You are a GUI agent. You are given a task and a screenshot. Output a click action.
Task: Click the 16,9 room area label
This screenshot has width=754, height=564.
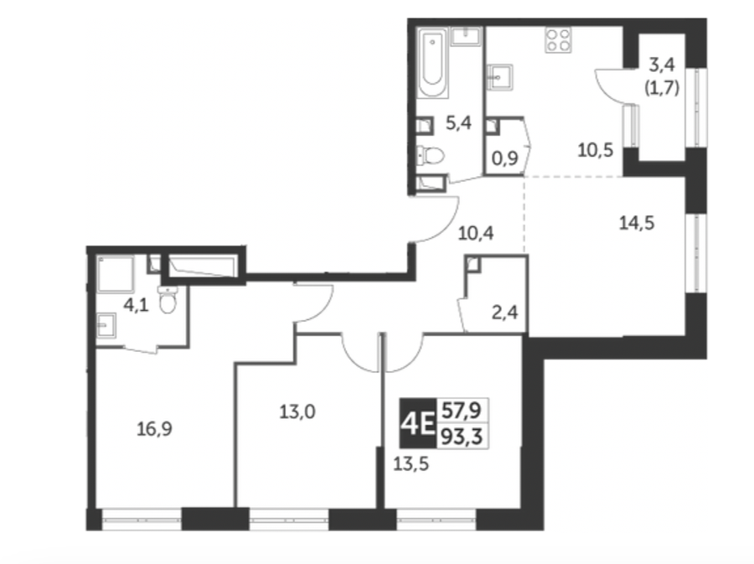pyautogui.click(x=154, y=428)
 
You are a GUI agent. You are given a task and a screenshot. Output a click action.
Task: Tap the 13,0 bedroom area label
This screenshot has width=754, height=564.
pyautogui.click(x=297, y=412)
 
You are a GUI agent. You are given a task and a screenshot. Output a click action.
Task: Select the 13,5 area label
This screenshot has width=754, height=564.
pyautogui.click(x=411, y=464)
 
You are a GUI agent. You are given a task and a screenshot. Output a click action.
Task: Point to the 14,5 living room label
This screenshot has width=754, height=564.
pyautogui.click(x=637, y=223)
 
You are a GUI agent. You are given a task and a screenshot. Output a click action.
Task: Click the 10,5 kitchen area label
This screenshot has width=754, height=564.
pyautogui.click(x=596, y=151)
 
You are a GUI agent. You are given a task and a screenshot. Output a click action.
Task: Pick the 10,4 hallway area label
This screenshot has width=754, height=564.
pyautogui.click(x=476, y=234)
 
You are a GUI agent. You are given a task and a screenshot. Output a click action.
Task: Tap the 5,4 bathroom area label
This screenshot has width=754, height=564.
pyautogui.click(x=458, y=123)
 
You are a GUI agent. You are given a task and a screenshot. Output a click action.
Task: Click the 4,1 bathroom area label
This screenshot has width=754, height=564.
pyautogui.click(x=136, y=305)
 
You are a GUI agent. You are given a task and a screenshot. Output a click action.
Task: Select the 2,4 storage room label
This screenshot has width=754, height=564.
pyautogui.click(x=505, y=313)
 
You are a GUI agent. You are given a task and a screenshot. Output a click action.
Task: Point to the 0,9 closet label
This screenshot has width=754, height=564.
pyautogui.click(x=505, y=158)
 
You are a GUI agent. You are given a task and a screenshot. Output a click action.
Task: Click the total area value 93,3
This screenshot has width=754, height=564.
pyautogui.click(x=462, y=437)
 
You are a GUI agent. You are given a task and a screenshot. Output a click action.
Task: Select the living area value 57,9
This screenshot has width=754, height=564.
pyautogui.click(x=462, y=411)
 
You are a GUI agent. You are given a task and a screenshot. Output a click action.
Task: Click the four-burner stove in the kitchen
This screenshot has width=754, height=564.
pyautogui.click(x=558, y=39)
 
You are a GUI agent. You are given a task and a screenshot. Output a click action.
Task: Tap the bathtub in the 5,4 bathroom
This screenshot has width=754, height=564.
pyautogui.click(x=433, y=63)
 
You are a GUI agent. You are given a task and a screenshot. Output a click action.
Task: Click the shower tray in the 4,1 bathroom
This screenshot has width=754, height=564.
pyautogui.click(x=116, y=275)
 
